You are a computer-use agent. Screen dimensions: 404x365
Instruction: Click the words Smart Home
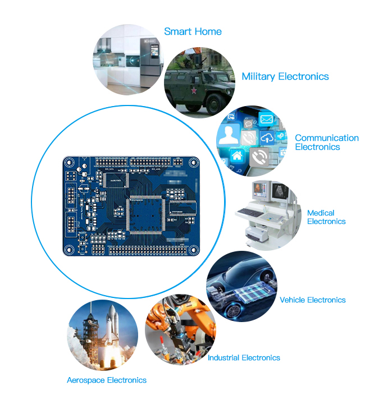coord(193,31)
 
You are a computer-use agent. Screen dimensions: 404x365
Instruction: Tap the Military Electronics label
coord(285,76)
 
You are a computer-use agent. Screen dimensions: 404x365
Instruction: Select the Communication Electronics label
coord(326,142)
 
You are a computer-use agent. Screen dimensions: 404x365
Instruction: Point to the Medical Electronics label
coord(326,217)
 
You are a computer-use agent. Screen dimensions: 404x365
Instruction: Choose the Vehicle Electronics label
coord(313,300)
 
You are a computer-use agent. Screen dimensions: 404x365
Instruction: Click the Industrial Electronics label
coord(244,357)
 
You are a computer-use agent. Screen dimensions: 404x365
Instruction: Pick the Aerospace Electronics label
coord(107,380)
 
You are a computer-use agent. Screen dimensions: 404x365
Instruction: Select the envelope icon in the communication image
coord(266,119)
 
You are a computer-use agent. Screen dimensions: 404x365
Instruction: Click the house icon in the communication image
coord(236,155)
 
